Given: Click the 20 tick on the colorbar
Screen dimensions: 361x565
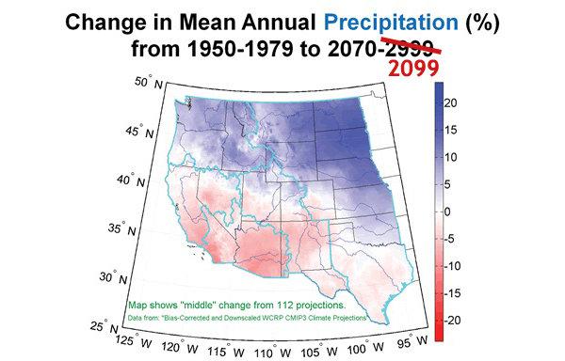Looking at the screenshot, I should tap(451, 100).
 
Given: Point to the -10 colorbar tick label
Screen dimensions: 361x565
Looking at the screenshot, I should tap(453, 266).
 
